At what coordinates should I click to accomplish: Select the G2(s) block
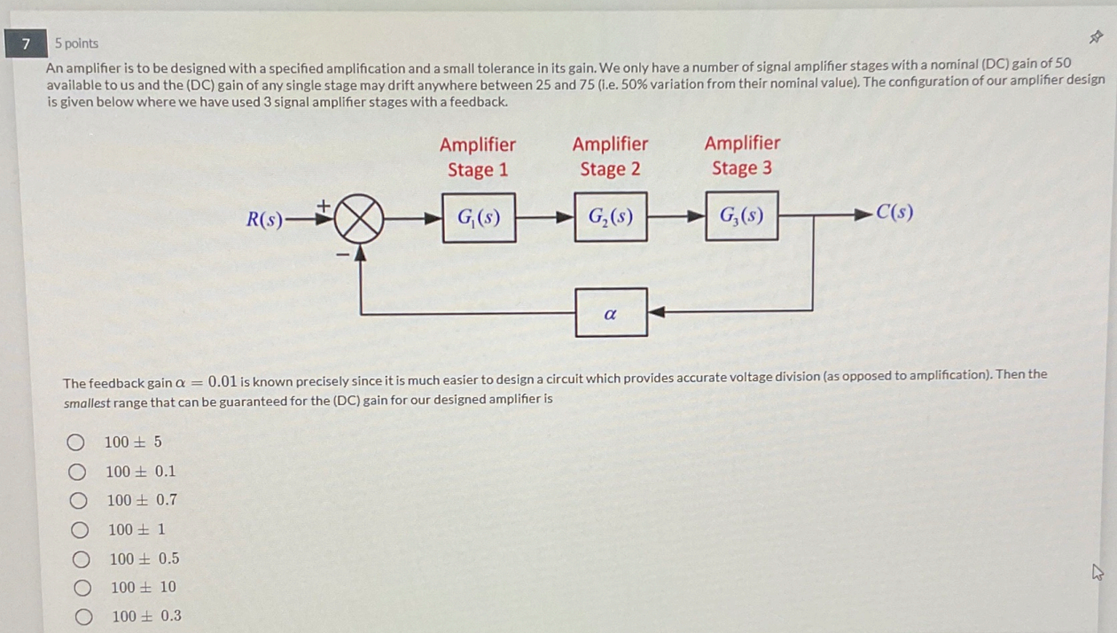coord(610,216)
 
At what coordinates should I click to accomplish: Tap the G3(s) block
coord(742,215)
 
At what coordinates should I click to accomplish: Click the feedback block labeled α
coord(611,312)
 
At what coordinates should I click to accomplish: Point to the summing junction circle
coord(358,218)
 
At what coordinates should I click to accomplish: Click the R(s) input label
coord(264,219)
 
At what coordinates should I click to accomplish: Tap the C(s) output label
coord(894,213)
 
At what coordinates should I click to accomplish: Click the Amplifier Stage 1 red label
coord(477,157)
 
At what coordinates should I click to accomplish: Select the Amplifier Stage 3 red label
coord(742,155)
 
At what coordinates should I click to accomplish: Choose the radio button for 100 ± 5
coord(76,442)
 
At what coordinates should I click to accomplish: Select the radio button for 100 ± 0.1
coord(77,472)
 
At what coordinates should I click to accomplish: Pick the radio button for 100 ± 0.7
coord(78,501)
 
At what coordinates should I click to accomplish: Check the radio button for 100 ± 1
coord(80,530)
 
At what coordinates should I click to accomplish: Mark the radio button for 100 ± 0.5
coord(81,559)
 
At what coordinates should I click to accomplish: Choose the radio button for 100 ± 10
coord(82,588)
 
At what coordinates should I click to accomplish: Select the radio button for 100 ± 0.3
coord(83,617)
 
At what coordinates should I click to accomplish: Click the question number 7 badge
coord(26,43)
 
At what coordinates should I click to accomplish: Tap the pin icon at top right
coord(1096,37)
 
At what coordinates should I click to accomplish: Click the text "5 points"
coord(76,43)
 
